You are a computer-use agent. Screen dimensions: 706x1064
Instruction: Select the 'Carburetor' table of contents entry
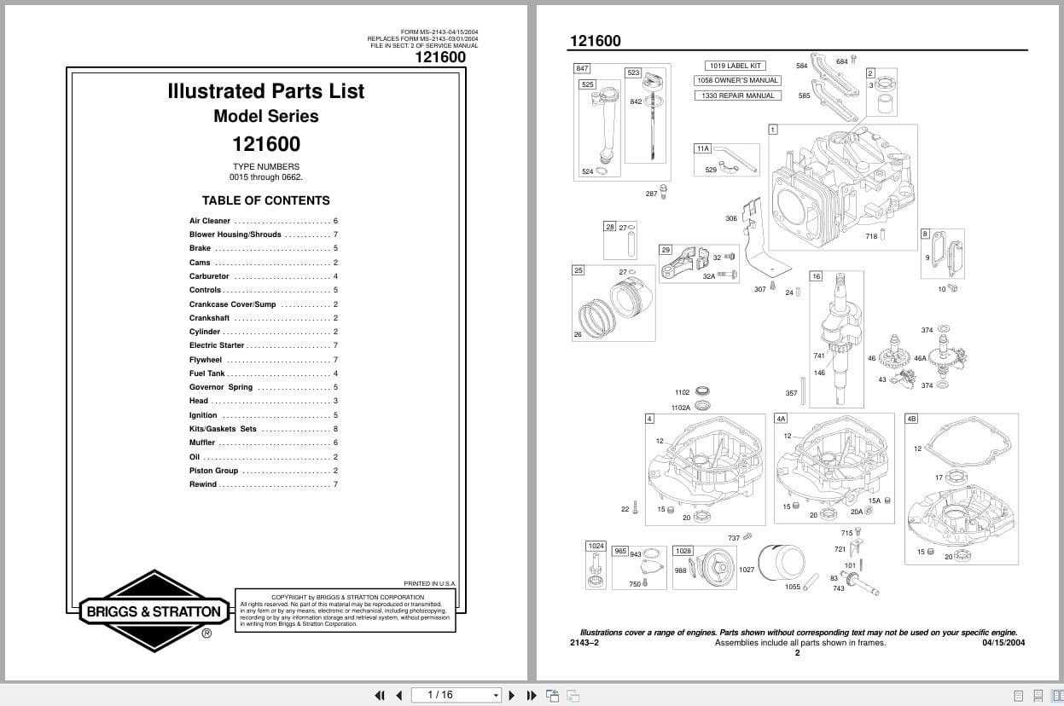click(209, 276)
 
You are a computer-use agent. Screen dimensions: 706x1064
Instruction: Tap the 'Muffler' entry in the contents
click(202, 443)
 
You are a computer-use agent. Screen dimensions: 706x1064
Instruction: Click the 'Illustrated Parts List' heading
click(265, 91)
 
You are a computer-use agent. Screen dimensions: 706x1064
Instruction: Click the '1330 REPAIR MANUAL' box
click(737, 95)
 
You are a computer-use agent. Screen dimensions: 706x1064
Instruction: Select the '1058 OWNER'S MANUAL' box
click(737, 80)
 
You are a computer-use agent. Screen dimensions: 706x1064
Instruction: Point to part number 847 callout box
click(582, 68)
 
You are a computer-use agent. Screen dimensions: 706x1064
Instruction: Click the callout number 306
click(731, 219)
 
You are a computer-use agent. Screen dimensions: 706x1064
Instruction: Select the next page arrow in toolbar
click(512, 695)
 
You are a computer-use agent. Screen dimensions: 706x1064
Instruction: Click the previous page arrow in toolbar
click(398, 695)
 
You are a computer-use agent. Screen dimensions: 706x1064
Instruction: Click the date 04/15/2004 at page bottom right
click(1003, 643)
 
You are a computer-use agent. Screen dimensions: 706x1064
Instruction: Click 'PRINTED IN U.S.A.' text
click(429, 584)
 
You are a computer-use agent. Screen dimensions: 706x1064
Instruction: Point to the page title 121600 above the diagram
click(595, 41)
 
